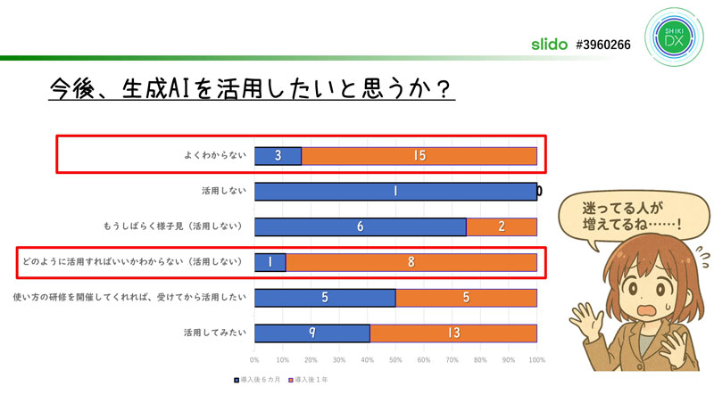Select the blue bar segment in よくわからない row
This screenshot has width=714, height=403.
(x=278, y=156)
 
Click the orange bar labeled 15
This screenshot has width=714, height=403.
(x=419, y=156)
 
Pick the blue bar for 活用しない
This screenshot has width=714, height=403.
(x=395, y=191)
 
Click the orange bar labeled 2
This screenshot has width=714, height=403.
(x=502, y=226)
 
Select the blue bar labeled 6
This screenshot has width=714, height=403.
(x=360, y=226)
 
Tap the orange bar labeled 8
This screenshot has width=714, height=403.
(x=411, y=262)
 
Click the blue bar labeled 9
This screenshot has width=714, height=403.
(x=311, y=333)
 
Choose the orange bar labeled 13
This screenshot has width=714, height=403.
(x=453, y=333)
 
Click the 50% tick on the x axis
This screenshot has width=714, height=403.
(x=395, y=361)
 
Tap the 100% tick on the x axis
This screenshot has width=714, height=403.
(x=535, y=361)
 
